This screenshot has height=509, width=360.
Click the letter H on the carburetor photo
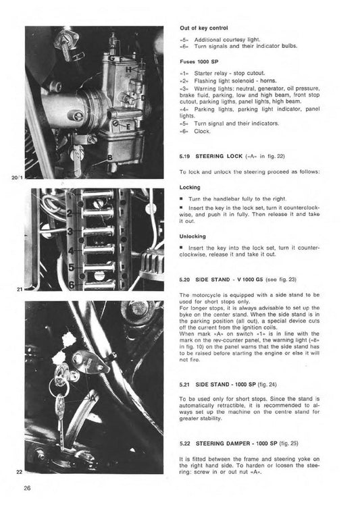pos(130,69)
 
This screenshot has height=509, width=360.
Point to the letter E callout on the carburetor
pos(129,126)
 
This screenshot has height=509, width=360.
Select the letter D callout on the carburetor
pos(143,97)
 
